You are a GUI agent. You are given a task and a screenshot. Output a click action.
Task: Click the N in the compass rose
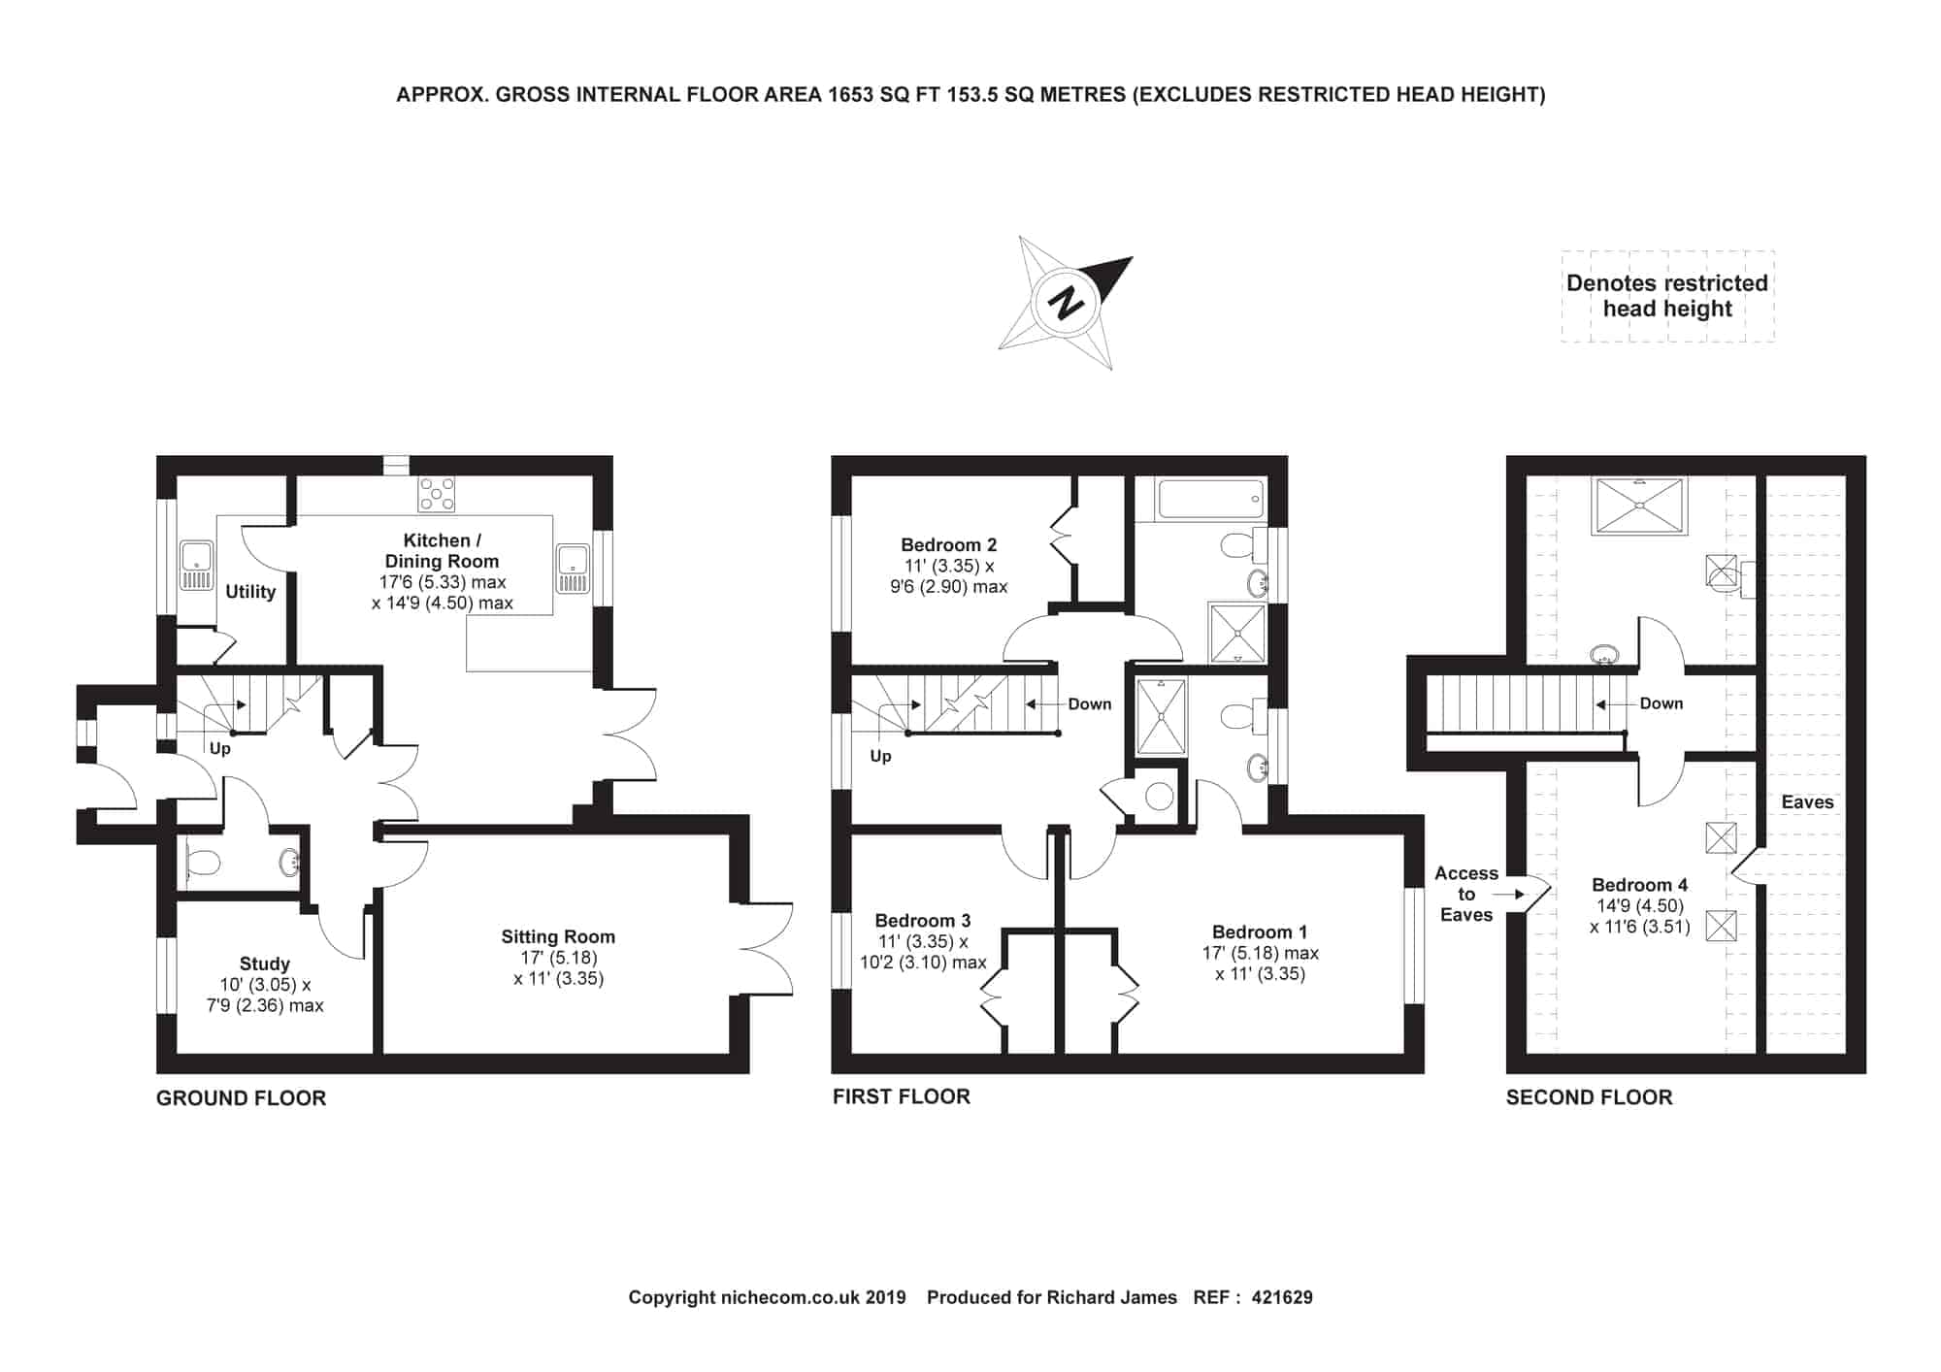[x=1068, y=303]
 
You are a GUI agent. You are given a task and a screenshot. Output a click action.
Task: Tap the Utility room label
[x=250, y=591]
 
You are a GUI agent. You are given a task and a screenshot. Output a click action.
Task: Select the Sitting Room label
[x=558, y=936]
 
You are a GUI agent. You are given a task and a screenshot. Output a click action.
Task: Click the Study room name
[x=265, y=964]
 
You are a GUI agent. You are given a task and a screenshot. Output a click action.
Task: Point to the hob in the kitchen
[x=436, y=494]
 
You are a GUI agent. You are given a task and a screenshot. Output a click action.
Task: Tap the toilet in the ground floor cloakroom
[x=202, y=862]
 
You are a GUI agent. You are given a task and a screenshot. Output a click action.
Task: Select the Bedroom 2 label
[x=948, y=544]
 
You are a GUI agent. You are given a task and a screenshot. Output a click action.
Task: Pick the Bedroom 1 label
[x=1260, y=931]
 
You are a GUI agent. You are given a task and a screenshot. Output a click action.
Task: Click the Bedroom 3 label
[x=922, y=920]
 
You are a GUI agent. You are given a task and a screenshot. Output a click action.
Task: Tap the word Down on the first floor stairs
[x=1090, y=703]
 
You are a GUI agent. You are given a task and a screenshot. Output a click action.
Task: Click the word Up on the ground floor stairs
[x=220, y=749]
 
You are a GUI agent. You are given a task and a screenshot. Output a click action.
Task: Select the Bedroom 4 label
[x=1639, y=885]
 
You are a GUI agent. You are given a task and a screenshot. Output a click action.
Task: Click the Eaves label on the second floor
[x=1807, y=801]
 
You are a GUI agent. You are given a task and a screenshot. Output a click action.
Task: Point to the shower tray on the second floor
[x=1639, y=505]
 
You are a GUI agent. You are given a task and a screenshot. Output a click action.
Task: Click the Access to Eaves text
[x=1466, y=894]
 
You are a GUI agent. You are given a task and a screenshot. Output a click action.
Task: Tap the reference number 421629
[x=1282, y=1297]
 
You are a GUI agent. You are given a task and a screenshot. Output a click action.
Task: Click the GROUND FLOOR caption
[x=241, y=1098]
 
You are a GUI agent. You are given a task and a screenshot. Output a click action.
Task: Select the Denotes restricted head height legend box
[x=1667, y=296]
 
